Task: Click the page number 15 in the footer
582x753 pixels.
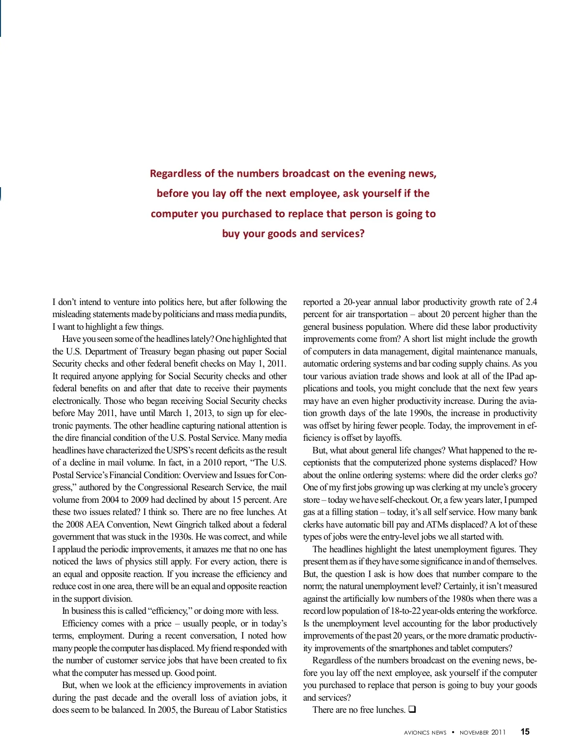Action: (x=525, y=732)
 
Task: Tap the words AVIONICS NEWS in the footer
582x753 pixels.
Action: (x=425, y=733)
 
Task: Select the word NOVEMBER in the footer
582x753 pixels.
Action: (x=474, y=733)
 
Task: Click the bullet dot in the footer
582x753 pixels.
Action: (x=453, y=732)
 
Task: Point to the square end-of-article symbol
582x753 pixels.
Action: (x=412, y=710)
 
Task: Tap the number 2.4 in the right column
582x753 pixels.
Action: (x=531, y=302)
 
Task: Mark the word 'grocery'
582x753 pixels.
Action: (x=522, y=487)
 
